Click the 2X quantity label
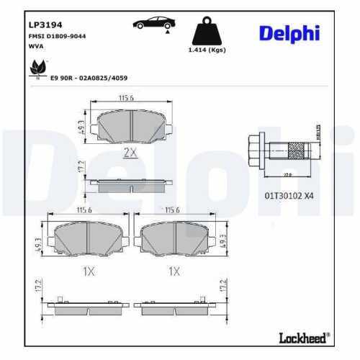130,152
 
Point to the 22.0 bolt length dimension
287,175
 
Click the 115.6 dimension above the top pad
130,97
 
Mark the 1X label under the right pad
174,271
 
